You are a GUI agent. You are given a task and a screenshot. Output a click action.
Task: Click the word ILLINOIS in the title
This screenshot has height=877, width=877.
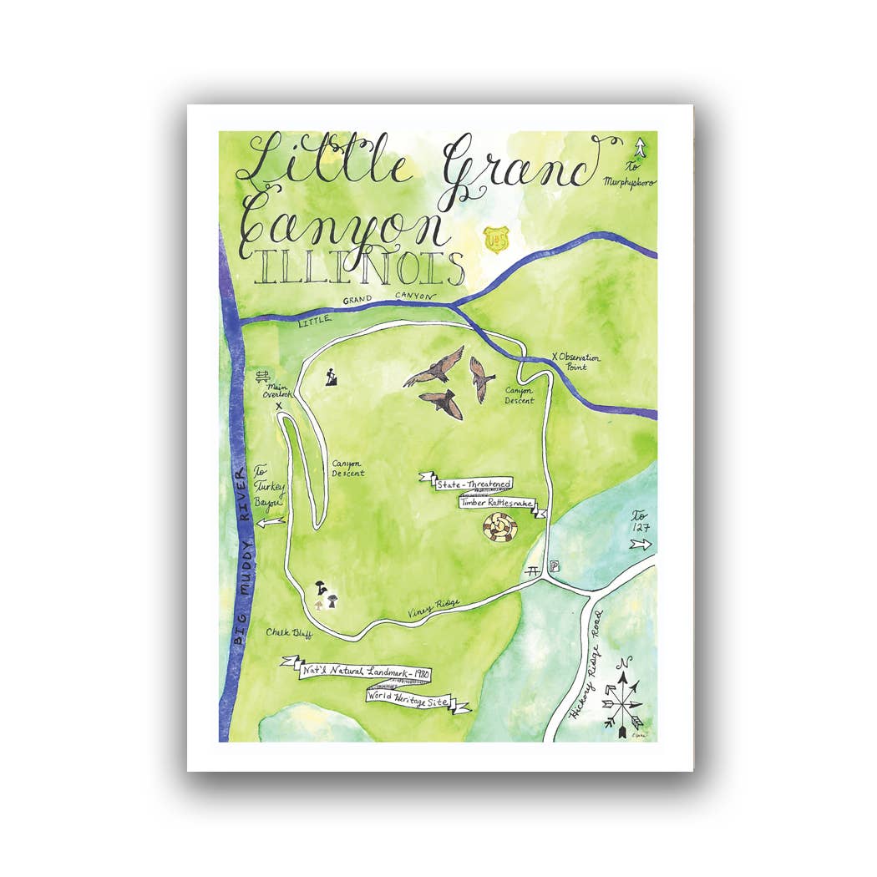click(360, 267)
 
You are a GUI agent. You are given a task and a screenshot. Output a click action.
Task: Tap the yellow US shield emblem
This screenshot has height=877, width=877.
click(495, 238)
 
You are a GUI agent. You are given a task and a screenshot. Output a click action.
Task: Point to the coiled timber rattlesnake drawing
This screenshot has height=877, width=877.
click(499, 529)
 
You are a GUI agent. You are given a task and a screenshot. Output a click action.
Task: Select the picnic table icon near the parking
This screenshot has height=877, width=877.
click(534, 572)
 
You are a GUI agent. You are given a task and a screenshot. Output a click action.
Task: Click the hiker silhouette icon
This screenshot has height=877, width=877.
click(332, 377)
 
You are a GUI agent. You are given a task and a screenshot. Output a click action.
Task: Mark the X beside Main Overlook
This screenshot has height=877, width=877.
click(279, 407)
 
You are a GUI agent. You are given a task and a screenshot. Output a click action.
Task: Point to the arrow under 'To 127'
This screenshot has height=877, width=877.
click(641, 545)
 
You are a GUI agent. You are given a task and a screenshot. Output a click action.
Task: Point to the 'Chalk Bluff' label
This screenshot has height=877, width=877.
click(289, 632)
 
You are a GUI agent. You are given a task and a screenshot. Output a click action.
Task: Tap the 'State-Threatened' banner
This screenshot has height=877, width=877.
click(472, 484)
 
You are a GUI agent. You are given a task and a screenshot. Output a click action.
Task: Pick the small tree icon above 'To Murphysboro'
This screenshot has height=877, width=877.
click(640, 148)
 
